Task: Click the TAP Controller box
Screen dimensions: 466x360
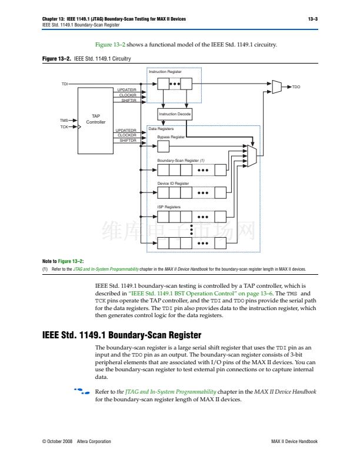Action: pos(96,119)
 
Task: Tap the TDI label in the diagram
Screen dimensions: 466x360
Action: pos(65,84)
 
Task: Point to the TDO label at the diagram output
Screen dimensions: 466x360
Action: pos(296,87)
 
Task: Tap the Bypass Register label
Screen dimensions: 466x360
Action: pos(171,137)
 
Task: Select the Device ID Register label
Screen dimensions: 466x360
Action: pos(173,184)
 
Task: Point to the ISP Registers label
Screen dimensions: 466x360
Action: pos(169,207)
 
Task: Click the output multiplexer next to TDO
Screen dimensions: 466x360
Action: pos(277,87)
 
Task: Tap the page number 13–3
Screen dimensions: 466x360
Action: pos(313,19)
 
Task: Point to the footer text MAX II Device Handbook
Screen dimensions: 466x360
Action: pos(294,441)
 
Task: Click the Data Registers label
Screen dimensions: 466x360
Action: pos(160,128)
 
